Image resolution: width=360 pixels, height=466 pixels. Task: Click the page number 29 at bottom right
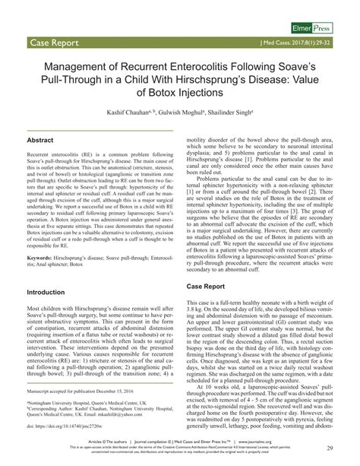click(x=331, y=450)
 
